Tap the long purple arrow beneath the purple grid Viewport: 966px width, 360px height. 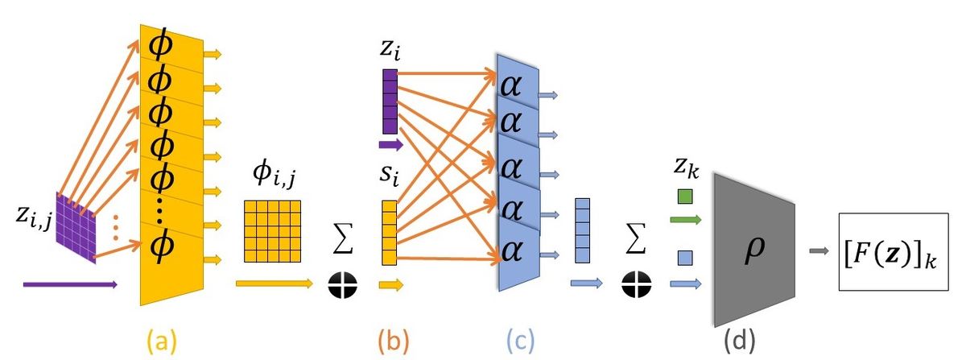click(71, 284)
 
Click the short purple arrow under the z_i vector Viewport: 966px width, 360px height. click(390, 146)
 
